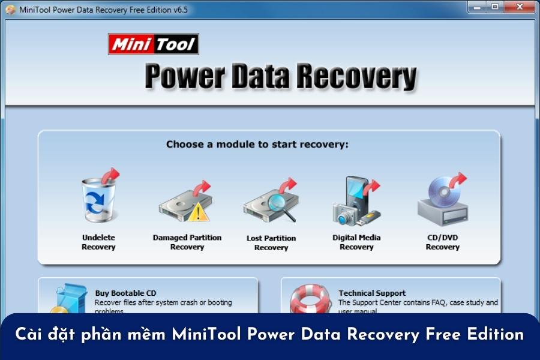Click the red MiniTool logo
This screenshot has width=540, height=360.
click(153, 44)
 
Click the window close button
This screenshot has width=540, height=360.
click(519, 7)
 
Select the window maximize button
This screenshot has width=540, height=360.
click(495, 7)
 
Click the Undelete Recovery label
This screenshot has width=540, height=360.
click(98, 242)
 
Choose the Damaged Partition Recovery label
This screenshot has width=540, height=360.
click(187, 242)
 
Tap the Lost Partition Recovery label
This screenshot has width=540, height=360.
click(271, 242)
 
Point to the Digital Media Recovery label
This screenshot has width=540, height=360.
click(356, 242)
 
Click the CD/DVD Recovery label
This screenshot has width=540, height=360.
click(442, 242)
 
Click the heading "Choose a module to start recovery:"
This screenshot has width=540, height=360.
click(257, 145)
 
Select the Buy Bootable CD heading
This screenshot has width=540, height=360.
click(125, 293)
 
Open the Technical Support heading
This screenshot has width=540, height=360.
click(372, 293)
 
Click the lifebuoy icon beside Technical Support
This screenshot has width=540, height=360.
click(310, 299)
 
